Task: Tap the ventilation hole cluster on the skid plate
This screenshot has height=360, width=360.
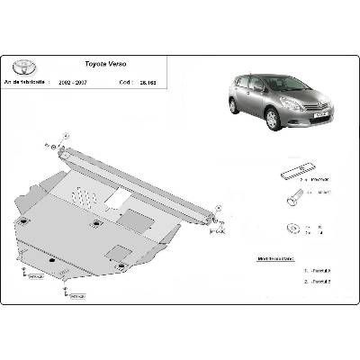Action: coord(83,194)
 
